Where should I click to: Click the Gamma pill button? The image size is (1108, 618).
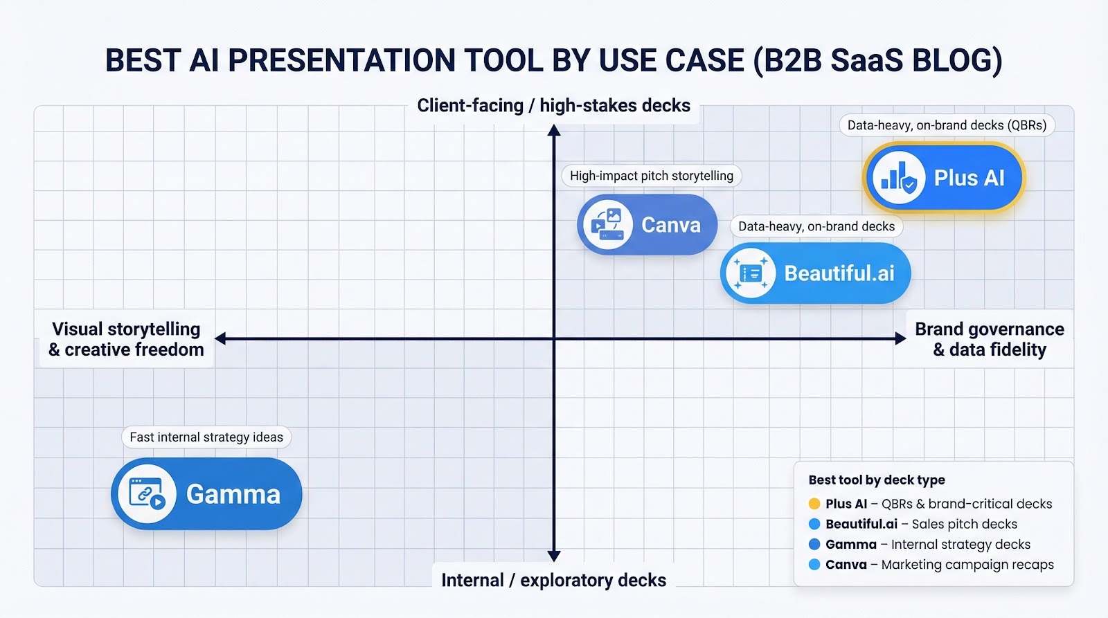coord(206,493)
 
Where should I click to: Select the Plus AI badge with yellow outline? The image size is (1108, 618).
coord(944,178)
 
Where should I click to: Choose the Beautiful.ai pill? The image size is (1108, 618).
coord(815,273)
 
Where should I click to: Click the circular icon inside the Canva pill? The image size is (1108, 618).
coord(607,225)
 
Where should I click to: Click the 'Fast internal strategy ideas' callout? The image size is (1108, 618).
coord(206,437)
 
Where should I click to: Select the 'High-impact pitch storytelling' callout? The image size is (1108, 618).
coord(651,176)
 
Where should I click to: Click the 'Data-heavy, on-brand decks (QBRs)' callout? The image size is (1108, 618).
coord(947,125)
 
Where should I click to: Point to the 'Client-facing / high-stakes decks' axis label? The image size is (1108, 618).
coord(553,106)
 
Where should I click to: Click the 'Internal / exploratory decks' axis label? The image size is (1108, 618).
coord(553,580)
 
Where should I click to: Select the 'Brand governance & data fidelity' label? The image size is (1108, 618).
coord(989,339)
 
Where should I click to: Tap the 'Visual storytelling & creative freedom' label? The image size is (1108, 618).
coord(126,339)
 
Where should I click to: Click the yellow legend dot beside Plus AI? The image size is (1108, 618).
coord(814,504)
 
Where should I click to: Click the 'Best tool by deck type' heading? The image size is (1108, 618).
coord(876,480)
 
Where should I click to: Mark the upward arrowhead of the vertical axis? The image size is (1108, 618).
coord(553,129)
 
